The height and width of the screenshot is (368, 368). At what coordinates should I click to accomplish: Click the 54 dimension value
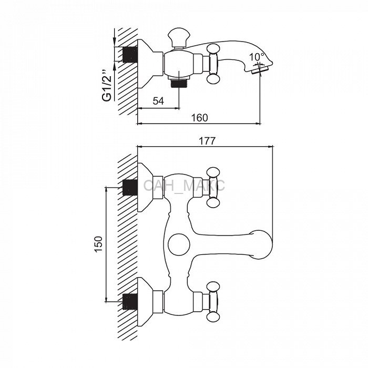point(158,101)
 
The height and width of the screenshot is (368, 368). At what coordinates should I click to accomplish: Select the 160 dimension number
point(199,118)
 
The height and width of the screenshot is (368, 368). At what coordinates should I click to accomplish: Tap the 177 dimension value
point(207,140)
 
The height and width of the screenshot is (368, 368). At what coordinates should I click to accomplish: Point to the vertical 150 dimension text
point(99,244)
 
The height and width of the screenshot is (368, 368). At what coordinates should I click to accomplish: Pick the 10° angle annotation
point(257,57)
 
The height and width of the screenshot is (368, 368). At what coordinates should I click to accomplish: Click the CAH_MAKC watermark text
point(184,185)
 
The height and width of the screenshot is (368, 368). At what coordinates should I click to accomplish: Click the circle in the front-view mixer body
point(179,244)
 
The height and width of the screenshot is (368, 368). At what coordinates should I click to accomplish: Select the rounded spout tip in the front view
point(261,245)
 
